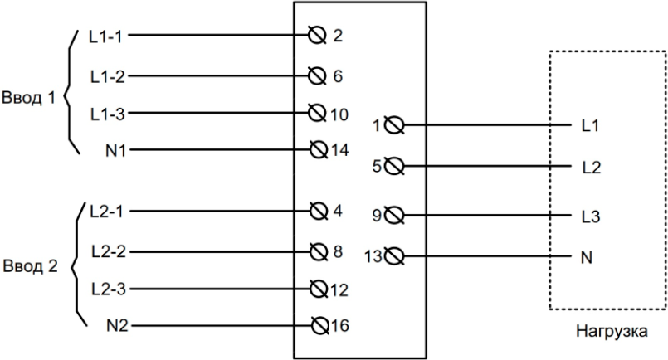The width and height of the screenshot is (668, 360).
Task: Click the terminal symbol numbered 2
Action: [x=314, y=36]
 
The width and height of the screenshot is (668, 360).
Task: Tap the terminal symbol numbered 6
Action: [x=314, y=75]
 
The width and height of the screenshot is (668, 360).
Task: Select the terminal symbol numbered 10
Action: [x=314, y=112]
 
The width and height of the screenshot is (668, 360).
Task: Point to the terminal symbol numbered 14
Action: [x=314, y=150]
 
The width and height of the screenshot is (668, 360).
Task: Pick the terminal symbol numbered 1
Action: [x=395, y=126]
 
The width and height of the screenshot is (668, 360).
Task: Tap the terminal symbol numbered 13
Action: [x=395, y=255]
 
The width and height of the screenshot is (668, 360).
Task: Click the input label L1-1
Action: [x=107, y=36]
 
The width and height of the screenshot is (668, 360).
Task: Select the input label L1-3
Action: [x=107, y=112]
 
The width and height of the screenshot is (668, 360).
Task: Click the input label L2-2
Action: [x=107, y=251]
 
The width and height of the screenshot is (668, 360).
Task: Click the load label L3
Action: [x=592, y=217]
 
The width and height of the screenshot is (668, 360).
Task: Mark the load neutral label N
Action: [x=588, y=255]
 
